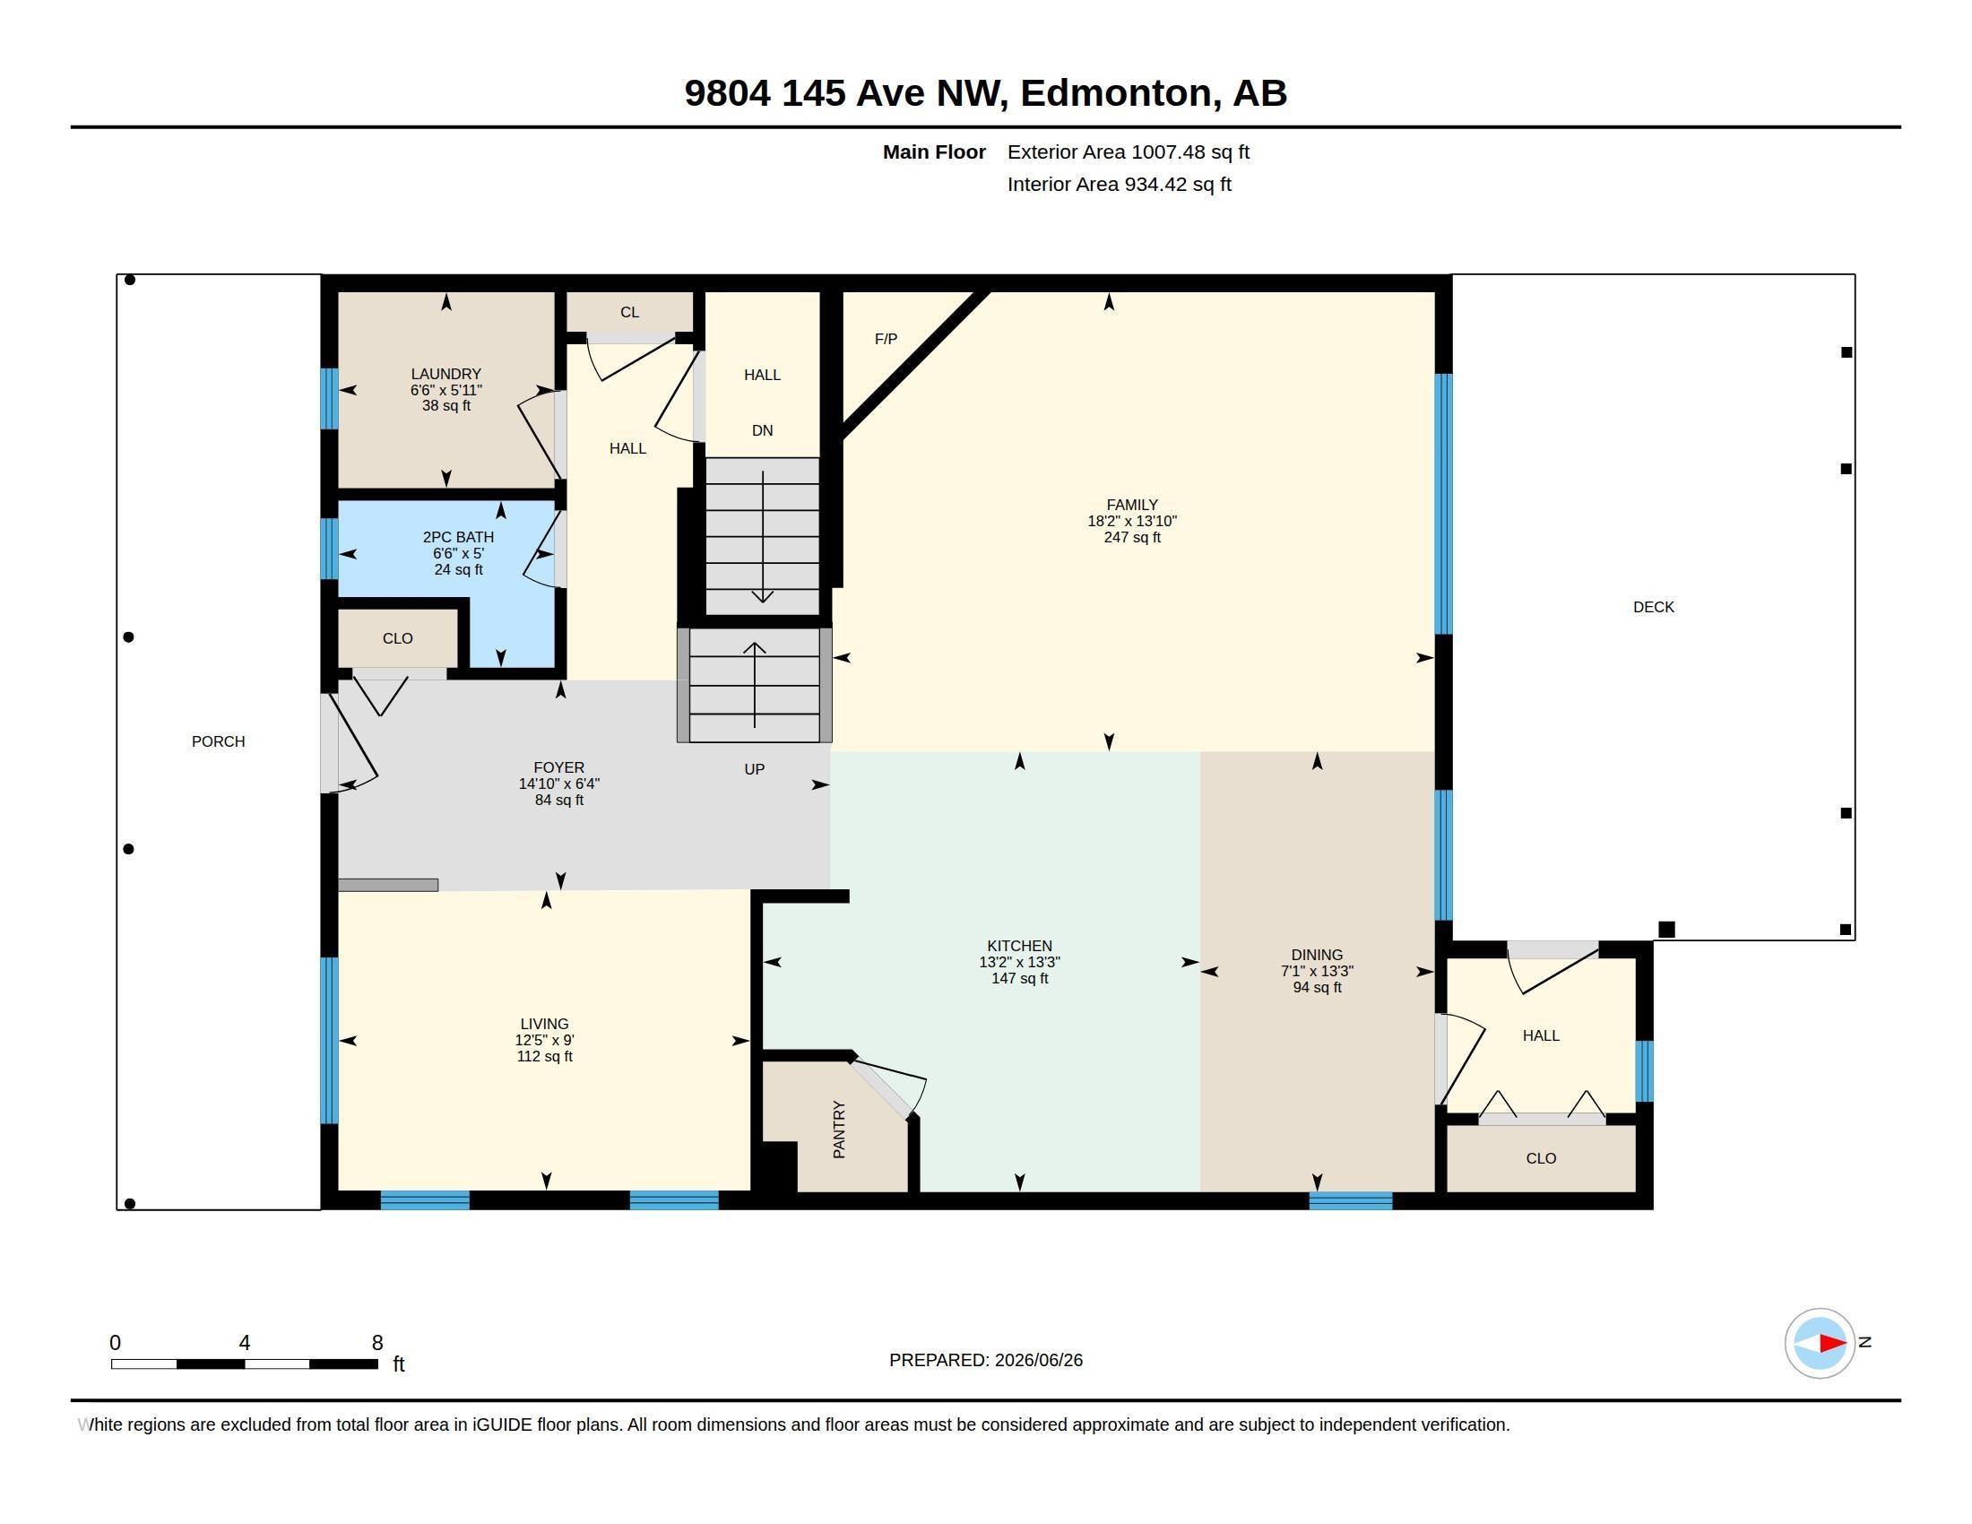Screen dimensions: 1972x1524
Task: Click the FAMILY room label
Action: point(1131,506)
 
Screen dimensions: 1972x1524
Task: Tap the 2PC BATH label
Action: point(458,537)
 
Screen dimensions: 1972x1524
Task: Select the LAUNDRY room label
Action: point(446,374)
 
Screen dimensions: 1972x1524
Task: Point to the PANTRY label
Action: point(839,1130)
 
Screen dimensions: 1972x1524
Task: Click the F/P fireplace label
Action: point(886,340)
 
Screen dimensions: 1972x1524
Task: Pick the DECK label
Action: point(1653,608)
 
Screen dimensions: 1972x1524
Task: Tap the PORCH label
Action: point(219,741)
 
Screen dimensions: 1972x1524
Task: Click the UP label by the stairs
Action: point(754,769)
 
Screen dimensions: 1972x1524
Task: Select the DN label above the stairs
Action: point(762,430)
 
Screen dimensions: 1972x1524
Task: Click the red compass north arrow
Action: point(1832,1344)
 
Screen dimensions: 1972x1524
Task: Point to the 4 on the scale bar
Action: point(244,1343)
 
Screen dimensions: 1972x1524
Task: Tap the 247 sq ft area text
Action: point(1131,538)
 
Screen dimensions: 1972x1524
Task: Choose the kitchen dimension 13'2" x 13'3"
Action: point(1019,963)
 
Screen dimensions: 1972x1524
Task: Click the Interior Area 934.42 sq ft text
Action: point(1119,184)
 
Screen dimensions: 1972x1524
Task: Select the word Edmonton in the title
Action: point(1115,93)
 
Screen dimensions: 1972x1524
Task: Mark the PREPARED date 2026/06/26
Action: point(1038,1360)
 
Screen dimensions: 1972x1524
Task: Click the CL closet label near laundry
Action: point(629,312)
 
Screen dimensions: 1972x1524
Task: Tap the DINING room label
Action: point(1317,956)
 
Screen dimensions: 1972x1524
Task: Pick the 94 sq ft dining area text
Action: point(1317,988)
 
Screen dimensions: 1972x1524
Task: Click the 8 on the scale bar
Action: point(377,1343)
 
